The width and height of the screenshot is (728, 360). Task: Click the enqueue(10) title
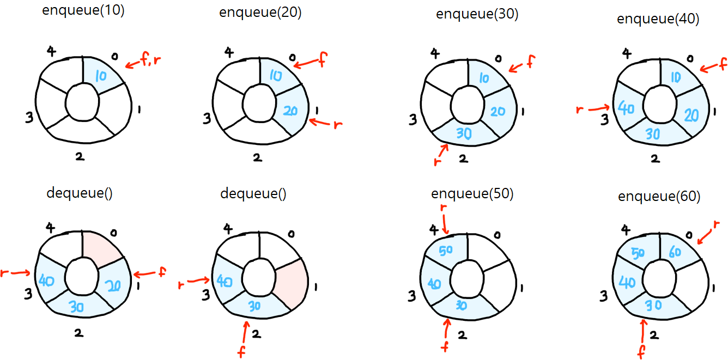(83, 11)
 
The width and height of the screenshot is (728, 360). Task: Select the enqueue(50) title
(472, 194)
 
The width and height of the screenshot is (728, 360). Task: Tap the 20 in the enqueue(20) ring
(290, 111)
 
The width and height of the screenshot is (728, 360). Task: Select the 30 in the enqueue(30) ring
(464, 133)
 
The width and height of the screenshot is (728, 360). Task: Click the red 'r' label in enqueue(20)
(337, 125)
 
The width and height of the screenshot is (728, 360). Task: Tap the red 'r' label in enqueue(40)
(580, 110)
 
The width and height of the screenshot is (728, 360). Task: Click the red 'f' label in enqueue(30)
(527, 64)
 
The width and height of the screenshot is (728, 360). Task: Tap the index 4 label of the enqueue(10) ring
(51, 52)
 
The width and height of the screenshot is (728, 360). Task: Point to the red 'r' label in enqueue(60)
(717, 225)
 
